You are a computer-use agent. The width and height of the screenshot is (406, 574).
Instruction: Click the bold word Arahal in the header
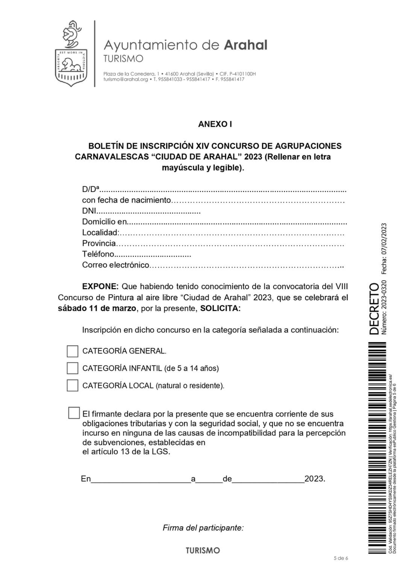coord(245,45)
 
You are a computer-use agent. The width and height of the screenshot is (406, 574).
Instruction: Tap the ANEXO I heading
coord(215,124)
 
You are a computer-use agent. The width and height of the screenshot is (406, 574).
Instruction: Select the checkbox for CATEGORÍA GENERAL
coord(72,351)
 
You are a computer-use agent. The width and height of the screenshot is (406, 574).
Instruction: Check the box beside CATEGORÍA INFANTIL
coord(72,368)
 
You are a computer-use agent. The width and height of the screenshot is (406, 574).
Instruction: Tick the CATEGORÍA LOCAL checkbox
coord(72,385)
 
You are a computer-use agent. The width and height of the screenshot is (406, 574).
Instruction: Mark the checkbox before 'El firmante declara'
coord(74,413)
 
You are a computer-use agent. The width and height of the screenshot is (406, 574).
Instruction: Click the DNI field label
coord(89,211)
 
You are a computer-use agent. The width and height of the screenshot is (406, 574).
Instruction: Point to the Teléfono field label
coord(98,254)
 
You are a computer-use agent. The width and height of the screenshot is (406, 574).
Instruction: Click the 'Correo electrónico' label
coord(116,265)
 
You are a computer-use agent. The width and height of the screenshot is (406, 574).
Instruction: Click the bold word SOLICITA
coord(220,309)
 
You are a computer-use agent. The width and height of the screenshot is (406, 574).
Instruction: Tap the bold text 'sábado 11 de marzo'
coord(97,309)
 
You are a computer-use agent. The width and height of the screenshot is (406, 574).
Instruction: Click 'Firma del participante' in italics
coord(203,528)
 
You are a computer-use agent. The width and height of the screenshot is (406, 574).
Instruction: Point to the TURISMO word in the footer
coord(203,551)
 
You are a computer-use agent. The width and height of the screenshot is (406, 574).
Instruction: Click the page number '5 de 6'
coord(341,558)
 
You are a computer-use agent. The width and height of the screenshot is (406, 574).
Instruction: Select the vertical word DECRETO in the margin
coord(375,309)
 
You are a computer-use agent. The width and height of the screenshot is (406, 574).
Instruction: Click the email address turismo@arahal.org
coord(126,79)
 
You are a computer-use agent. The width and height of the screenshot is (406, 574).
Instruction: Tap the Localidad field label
coord(100,233)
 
